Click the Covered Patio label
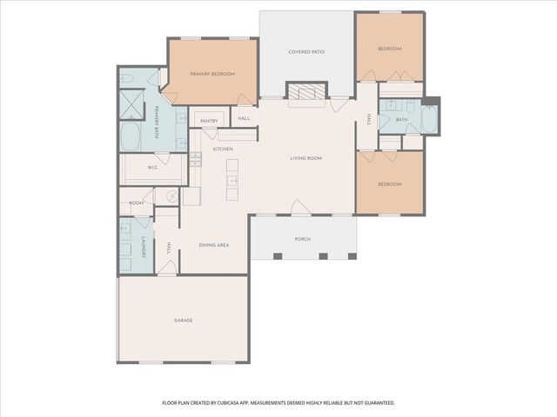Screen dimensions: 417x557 click(x=306, y=52)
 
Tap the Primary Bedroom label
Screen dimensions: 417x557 click(x=212, y=74)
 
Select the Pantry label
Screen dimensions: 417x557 click(x=208, y=120)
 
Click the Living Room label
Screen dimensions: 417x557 click(x=306, y=158)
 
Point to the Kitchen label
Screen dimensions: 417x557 click(x=224, y=149)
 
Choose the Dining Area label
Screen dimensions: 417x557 click(x=213, y=246)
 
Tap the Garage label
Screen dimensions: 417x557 click(x=183, y=320)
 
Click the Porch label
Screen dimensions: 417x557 click(x=302, y=239)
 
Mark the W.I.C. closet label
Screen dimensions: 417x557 click(x=151, y=168)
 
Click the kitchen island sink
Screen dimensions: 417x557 click(x=232, y=182)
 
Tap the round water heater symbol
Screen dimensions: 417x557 click(x=171, y=197)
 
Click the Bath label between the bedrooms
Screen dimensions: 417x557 click(x=401, y=119)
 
